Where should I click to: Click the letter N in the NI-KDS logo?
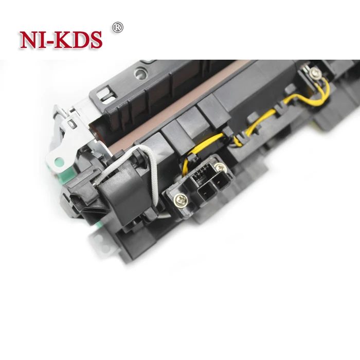point(29,40)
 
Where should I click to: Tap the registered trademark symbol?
point(118,26)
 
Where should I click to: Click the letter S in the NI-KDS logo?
point(94,40)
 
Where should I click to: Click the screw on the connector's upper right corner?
point(220,167)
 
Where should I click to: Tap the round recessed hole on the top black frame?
point(139,74)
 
